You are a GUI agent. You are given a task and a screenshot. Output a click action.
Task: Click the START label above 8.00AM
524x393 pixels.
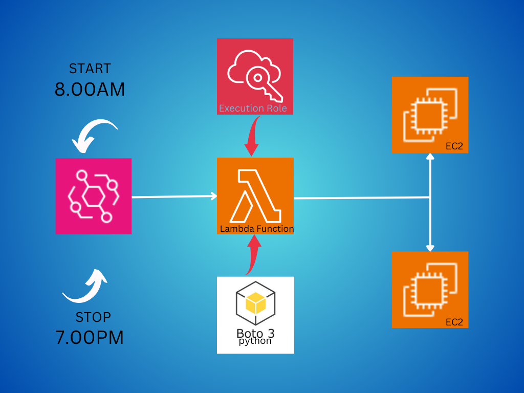point(90,69)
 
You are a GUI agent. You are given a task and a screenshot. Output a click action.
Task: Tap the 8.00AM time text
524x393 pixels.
point(90,90)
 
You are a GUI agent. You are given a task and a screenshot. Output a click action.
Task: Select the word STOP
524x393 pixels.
point(93,317)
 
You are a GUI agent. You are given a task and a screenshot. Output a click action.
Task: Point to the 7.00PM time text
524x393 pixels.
point(90,338)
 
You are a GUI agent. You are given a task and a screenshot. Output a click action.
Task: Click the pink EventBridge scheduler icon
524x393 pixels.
point(94,196)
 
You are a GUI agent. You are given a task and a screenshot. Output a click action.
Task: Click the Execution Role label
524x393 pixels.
point(253,108)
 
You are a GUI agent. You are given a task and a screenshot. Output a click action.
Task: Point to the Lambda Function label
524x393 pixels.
point(257,229)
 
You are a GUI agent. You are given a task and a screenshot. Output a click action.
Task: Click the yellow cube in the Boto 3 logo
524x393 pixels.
point(255,303)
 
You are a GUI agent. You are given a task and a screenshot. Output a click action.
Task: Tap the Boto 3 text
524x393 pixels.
point(255,334)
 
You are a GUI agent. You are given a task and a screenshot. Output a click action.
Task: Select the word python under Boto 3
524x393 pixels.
point(255,341)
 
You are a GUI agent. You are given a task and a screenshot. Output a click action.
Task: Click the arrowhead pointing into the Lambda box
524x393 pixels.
point(213,195)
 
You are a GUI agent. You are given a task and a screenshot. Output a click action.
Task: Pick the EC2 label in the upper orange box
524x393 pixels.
point(454,146)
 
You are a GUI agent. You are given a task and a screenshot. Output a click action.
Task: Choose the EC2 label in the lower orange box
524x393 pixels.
point(454,322)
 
